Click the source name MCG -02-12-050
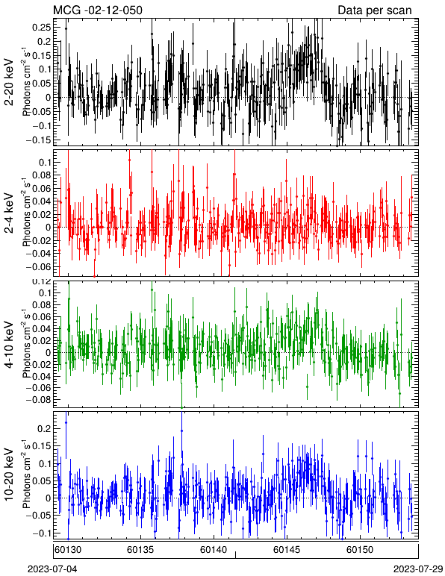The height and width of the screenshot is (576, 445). [x=98, y=10]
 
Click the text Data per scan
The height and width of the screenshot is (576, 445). [x=375, y=10]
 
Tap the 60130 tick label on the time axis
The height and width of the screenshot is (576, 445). [x=68, y=550]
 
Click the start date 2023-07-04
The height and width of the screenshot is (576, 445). [x=52, y=569]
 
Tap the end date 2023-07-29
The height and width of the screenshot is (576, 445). [x=418, y=569]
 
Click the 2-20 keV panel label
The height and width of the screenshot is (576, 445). [x=9, y=82]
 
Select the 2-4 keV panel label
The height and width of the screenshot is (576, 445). [x=9, y=213]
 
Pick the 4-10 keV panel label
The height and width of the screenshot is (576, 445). [x=9, y=345]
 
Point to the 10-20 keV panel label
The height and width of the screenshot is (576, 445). [x=9, y=475]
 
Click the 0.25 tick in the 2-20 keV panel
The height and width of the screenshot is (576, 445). [x=44, y=27]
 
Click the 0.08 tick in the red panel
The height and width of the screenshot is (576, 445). [x=44, y=175]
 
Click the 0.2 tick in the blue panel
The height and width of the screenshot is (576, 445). [x=46, y=428]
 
